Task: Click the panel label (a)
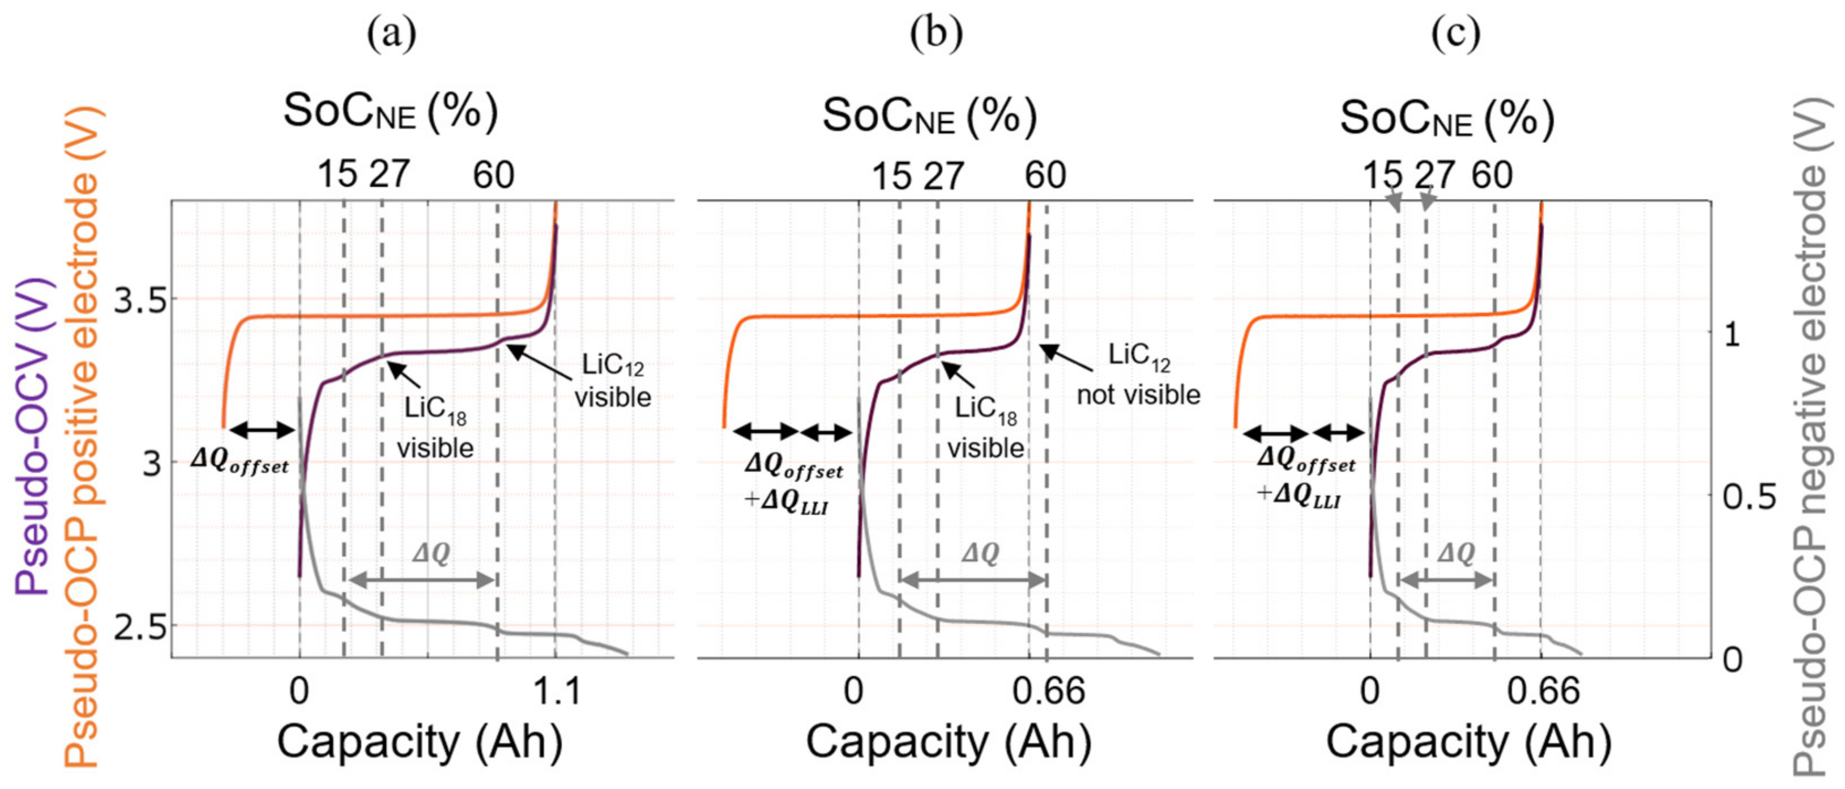click(392, 33)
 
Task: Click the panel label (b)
click(936, 33)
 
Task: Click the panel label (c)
click(1456, 33)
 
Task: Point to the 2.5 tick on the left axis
click(142, 629)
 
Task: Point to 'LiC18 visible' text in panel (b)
click(985, 429)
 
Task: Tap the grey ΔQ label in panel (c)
click(1456, 553)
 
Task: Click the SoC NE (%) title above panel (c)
click(1447, 118)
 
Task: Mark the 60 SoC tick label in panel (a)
click(493, 175)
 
